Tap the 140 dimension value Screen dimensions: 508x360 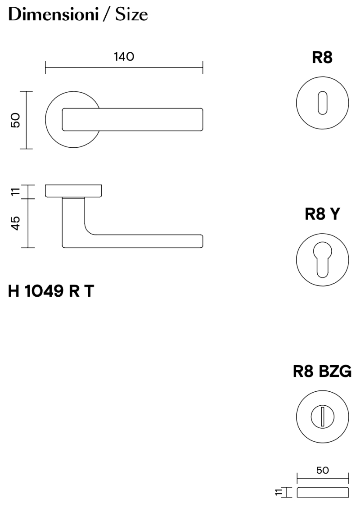tap(124, 57)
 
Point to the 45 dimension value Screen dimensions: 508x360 tap(16, 223)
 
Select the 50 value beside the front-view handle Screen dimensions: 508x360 tap(16, 120)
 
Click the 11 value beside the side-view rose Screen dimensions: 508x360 tap(16, 192)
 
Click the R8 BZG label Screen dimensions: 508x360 tap(322, 372)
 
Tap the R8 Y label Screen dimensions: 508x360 tap(322, 215)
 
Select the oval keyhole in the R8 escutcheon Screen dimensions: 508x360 tap(322, 103)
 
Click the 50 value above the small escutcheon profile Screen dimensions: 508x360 tap(322, 471)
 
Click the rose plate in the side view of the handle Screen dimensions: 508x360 tap(73, 190)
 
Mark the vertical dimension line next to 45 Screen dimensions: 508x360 tap(28, 223)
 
